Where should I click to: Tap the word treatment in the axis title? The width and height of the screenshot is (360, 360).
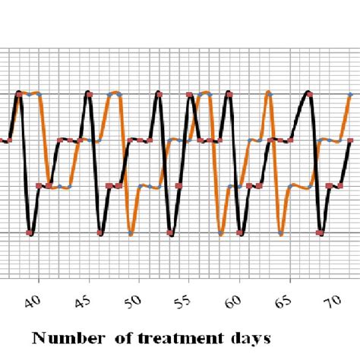pos(179,336)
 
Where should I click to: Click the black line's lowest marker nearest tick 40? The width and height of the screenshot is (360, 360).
pos(30,233)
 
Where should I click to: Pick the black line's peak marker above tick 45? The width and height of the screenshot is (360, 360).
pos(89,94)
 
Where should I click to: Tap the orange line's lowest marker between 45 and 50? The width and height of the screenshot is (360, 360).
pos(130,233)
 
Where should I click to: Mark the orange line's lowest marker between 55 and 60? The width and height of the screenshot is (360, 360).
pos(221,233)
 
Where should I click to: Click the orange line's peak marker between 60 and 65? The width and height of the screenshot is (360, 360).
pos(267,94)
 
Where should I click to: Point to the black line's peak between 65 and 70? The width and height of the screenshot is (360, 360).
pos(308,93)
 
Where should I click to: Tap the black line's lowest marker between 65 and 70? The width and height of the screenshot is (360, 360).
pos(321,233)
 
